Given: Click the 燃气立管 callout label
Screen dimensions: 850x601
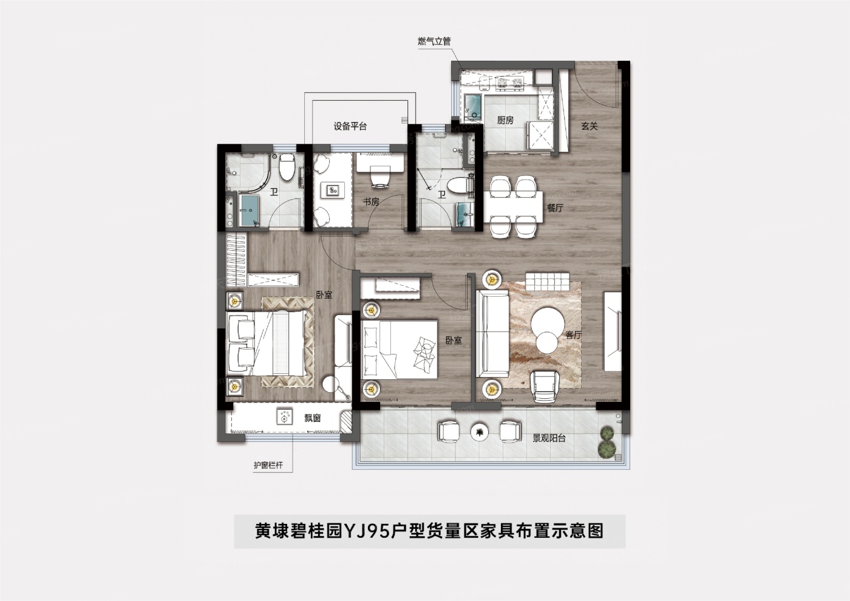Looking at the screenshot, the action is (x=434, y=41).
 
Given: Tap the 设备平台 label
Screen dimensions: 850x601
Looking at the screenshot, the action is (x=350, y=126).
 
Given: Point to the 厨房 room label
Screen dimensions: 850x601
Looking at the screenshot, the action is (x=505, y=120).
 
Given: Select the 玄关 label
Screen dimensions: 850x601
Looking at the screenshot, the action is (x=590, y=126).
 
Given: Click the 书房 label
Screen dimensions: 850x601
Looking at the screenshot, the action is (x=371, y=202).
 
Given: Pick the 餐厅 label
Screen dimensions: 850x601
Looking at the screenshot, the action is (x=555, y=208).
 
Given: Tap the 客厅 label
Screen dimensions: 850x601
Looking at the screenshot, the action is (x=573, y=334).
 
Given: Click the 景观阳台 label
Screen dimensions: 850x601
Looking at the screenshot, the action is (x=549, y=438).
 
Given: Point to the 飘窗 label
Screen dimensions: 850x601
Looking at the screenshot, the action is (x=313, y=418).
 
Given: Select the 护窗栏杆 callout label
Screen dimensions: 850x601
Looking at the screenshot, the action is (x=268, y=465).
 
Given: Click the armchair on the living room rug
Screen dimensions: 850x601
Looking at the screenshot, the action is (x=545, y=386).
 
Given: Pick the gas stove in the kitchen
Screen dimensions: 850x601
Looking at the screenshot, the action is (x=509, y=84).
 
